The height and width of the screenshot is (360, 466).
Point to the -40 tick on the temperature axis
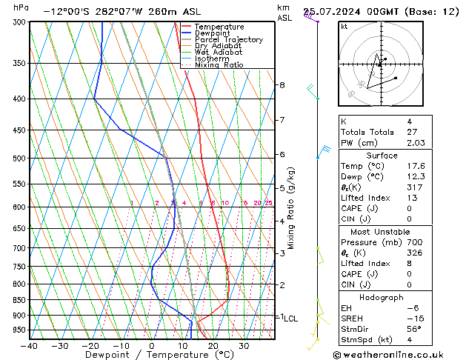pyautogui.click(x=30, y=346)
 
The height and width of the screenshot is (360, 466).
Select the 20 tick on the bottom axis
pyautogui.click(x=213, y=346)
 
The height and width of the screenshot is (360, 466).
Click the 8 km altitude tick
pyautogui.click(x=282, y=85)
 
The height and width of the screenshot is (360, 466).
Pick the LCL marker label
pyautogui.click(x=291, y=319)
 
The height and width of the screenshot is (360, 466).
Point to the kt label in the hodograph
pyautogui.click(x=344, y=27)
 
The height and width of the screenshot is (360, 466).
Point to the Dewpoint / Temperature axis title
pyautogui.click(x=151, y=355)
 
